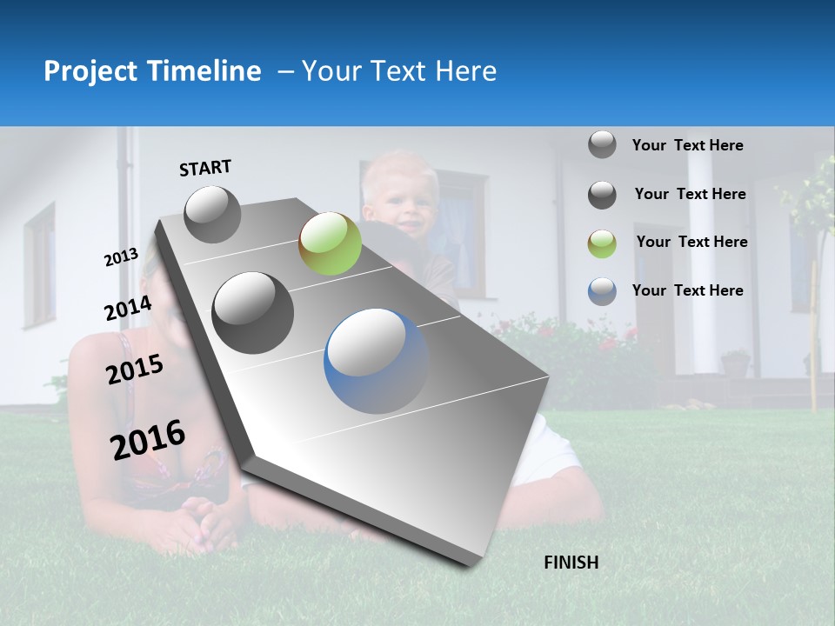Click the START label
(205, 168)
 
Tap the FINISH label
(571, 563)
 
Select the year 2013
(121, 257)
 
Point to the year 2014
(128, 309)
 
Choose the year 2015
(134, 370)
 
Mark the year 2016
(148, 439)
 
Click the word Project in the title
(88, 71)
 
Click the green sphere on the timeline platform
(330, 243)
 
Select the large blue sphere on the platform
(376, 361)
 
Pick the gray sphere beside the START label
(212, 214)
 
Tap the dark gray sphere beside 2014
(252, 312)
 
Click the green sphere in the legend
(602, 243)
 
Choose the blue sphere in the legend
(602, 291)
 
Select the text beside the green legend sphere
(691, 242)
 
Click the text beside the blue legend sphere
(687, 290)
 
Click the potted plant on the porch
(735, 363)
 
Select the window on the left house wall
(39, 265)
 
